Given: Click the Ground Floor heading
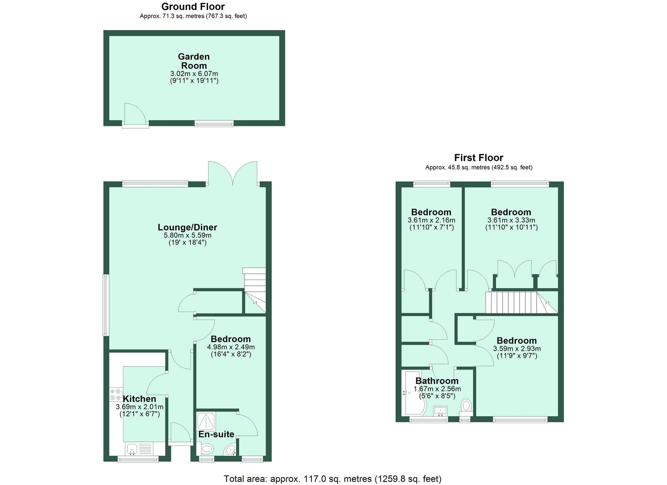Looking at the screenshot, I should click(193, 6).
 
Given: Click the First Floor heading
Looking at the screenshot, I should click(478, 158).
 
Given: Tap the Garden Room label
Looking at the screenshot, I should click(194, 61).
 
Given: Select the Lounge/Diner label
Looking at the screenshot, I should click(187, 227).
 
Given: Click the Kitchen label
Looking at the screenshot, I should click(139, 399).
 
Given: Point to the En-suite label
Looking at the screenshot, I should click(216, 434).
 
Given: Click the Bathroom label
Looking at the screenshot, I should click(437, 381).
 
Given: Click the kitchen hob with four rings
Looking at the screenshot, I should click(116, 395).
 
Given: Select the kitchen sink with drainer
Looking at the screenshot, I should click(139, 449).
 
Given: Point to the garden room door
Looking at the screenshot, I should click(135, 115).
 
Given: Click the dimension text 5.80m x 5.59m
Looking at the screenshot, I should click(187, 235).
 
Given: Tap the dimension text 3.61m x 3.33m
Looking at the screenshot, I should click(511, 220).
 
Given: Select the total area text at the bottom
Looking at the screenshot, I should click(332, 479).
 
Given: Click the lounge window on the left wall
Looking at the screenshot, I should click(106, 305).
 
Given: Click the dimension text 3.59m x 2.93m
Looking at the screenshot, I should click(517, 349).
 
